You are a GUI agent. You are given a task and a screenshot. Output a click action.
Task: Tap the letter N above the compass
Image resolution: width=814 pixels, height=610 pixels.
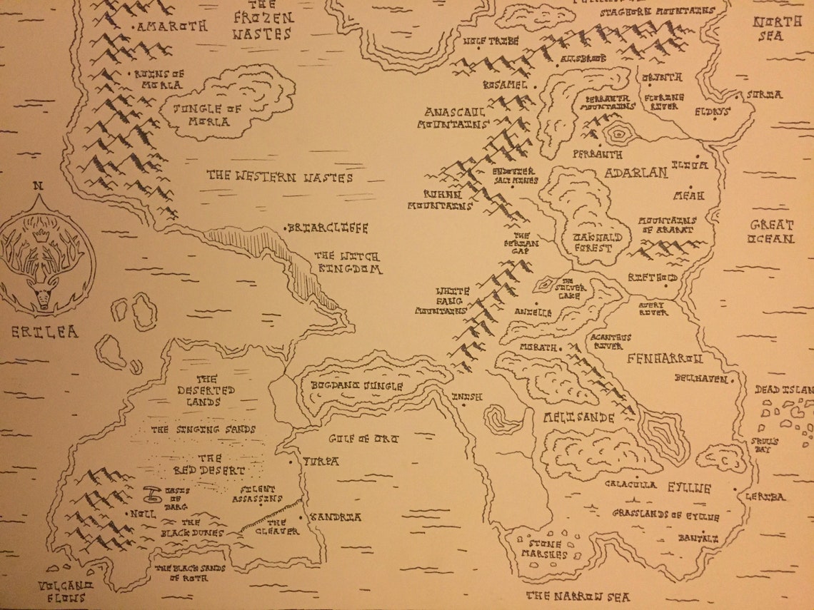coord(39,187)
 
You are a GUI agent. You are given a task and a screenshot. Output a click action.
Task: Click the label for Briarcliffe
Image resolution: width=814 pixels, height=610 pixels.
coord(328,228)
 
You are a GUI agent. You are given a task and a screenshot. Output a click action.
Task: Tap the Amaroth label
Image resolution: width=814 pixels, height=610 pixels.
coord(172,26)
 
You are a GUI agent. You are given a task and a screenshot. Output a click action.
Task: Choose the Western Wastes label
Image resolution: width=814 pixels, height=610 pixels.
coord(280,176)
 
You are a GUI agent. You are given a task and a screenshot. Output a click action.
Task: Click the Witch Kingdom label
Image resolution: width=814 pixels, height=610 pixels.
coord(348,263)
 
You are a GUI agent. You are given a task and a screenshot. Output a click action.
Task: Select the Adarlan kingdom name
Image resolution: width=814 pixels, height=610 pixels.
coord(635,173)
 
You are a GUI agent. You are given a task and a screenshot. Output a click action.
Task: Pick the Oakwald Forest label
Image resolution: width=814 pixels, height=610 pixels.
coord(591,243)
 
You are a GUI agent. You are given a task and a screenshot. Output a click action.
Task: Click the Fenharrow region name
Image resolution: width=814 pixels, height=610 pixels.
coord(665,358)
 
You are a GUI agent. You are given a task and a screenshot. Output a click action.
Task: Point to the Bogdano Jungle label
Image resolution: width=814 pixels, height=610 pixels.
coord(357,386)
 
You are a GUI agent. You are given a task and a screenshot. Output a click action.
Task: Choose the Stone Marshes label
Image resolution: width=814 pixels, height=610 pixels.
coord(544,549)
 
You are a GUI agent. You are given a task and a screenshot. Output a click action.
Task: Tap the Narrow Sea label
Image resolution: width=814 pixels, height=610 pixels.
coord(578,596)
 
